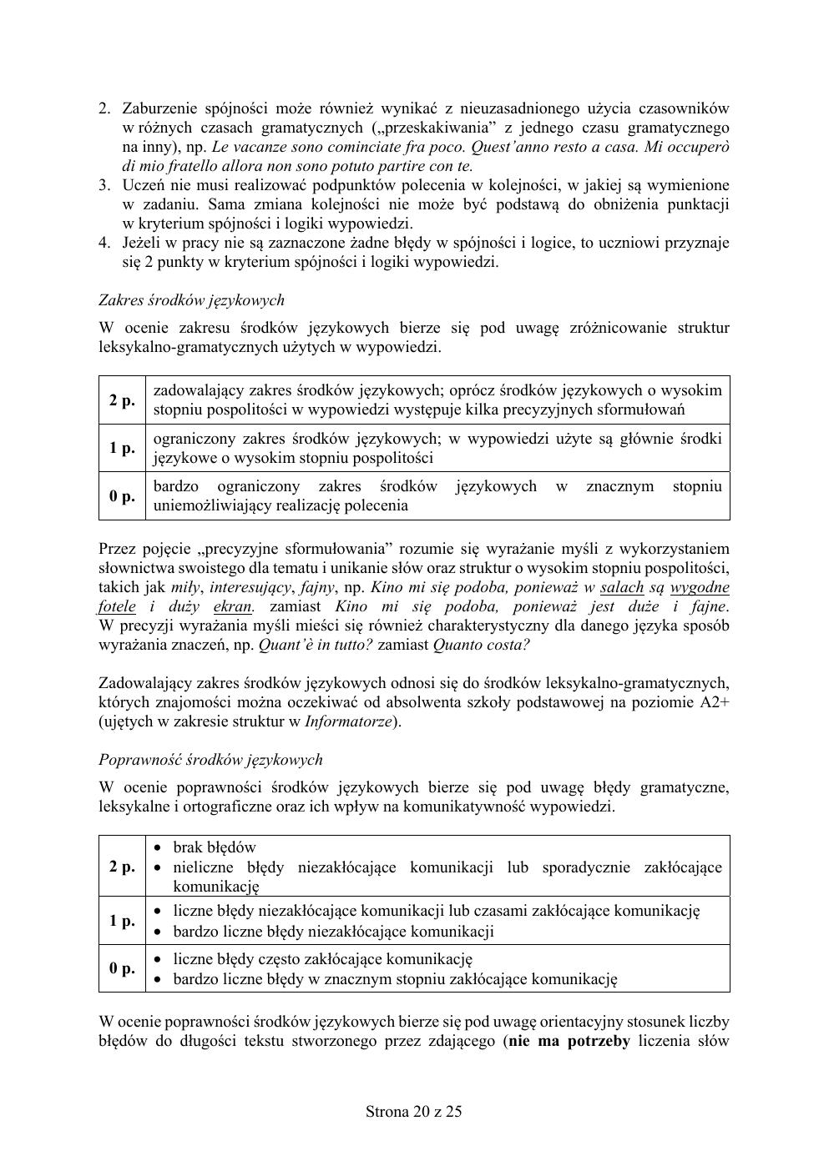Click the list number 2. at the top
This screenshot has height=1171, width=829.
pyautogui.click(x=104, y=108)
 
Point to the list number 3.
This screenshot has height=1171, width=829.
pyautogui.click(x=104, y=185)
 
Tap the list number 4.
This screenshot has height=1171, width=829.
pyautogui.click(x=104, y=243)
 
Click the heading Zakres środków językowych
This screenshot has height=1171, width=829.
pyautogui.click(x=191, y=299)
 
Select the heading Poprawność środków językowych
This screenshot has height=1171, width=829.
pyautogui.click(x=210, y=759)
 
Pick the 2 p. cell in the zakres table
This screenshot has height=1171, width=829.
pyautogui.click(x=122, y=400)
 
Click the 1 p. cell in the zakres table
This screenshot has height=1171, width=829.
pyautogui.click(x=122, y=448)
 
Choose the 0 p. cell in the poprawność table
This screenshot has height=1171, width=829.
pyautogui.click(x=122, y=968)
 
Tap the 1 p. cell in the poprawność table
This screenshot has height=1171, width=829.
pyautogui.click(x=122, y=920)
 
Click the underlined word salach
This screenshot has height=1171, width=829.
pyautogui.click(x=622, y=587)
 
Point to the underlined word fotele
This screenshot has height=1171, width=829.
pyautogui.click(x=117, y=606)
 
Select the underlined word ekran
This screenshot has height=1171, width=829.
pyautogui.click(x=232, y=606)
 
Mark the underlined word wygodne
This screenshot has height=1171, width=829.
pyautogui.click(x=699, y=587)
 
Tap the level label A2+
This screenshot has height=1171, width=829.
pyautogui.click(x=714, y=702)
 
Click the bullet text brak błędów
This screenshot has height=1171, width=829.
pyautogui.click(x=215, y=847)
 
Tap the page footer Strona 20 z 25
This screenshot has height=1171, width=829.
pyautogui.click(x=414, y=1111)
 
